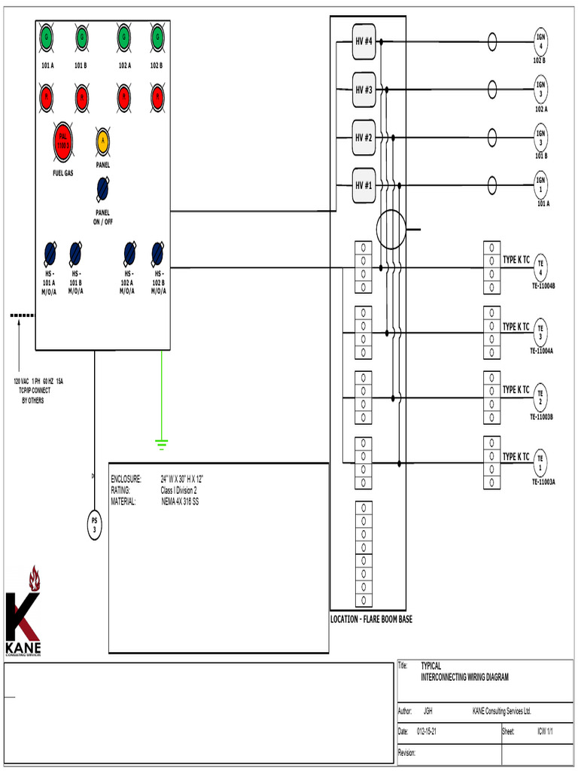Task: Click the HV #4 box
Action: (364, 41)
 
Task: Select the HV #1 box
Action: (364, 185)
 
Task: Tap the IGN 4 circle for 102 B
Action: (540, 41)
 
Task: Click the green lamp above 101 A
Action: (47, 36)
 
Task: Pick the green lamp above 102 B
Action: (157, 36)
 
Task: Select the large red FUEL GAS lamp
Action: (63, 142)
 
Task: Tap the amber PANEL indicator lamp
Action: (102, 142)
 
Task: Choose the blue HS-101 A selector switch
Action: (50, 251)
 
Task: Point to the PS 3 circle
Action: (95, 526)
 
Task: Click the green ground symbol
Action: (161, 443)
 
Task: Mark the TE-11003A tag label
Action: (543, 482)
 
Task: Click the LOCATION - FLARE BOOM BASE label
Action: (371, 620)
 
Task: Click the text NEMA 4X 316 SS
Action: (180, 501)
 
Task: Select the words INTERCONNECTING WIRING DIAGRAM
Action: (464, 678)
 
